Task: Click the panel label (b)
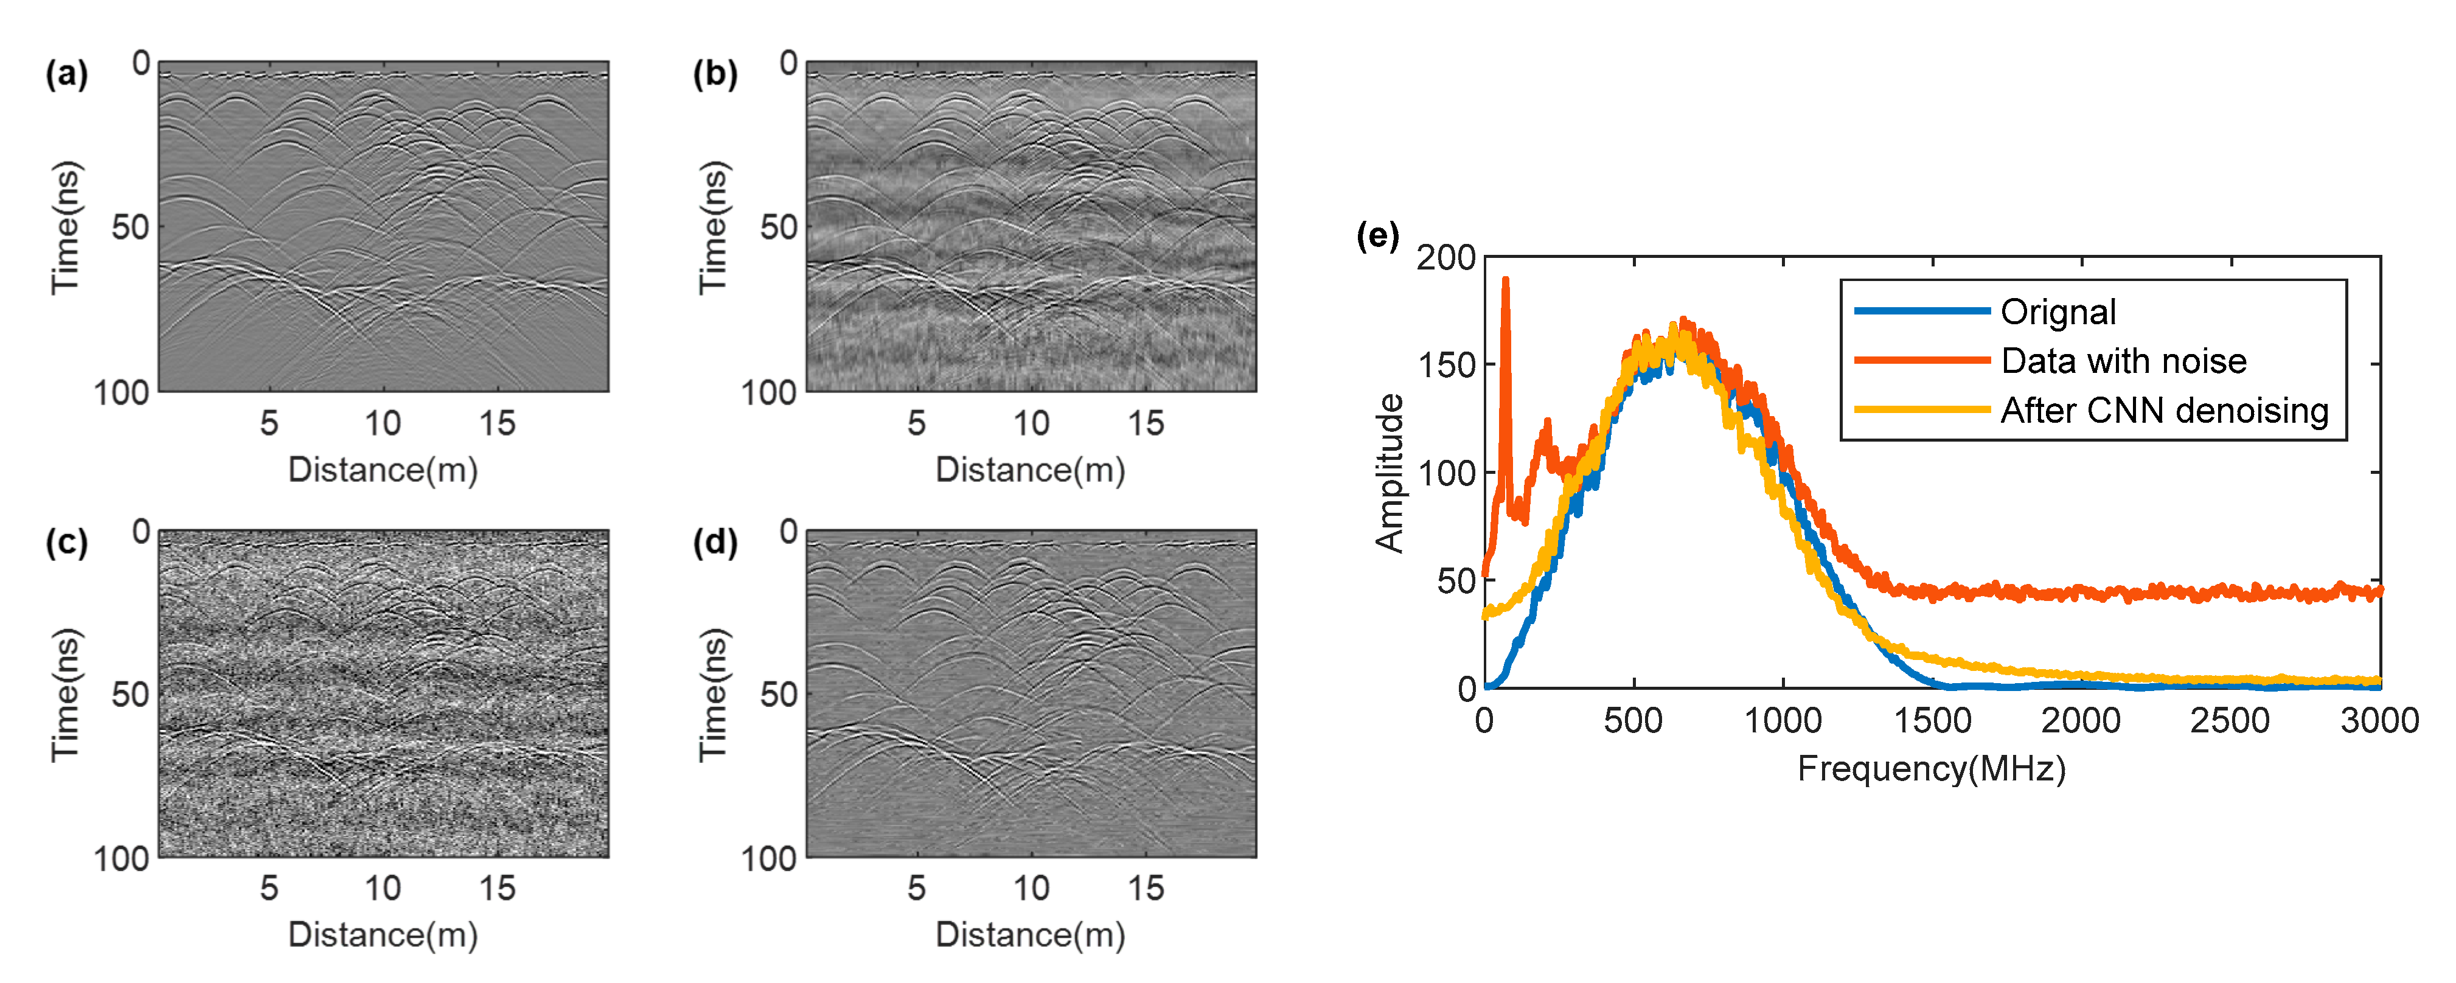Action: click(x=715, y=74)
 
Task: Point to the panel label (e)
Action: click(x=1377, y=235)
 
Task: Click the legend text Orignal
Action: click(x=2058, y=312)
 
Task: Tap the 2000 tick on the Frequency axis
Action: click(x=2081, y=720)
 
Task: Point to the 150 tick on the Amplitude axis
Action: click(x=1446, y=365)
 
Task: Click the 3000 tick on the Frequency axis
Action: click(x=2379, y=720)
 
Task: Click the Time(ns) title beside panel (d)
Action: click(x=714, y=695)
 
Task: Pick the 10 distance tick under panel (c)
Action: click(x=382, y=889)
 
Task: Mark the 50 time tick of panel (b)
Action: click(x=778, y=228)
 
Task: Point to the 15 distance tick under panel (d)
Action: click(x=1145, y=889)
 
